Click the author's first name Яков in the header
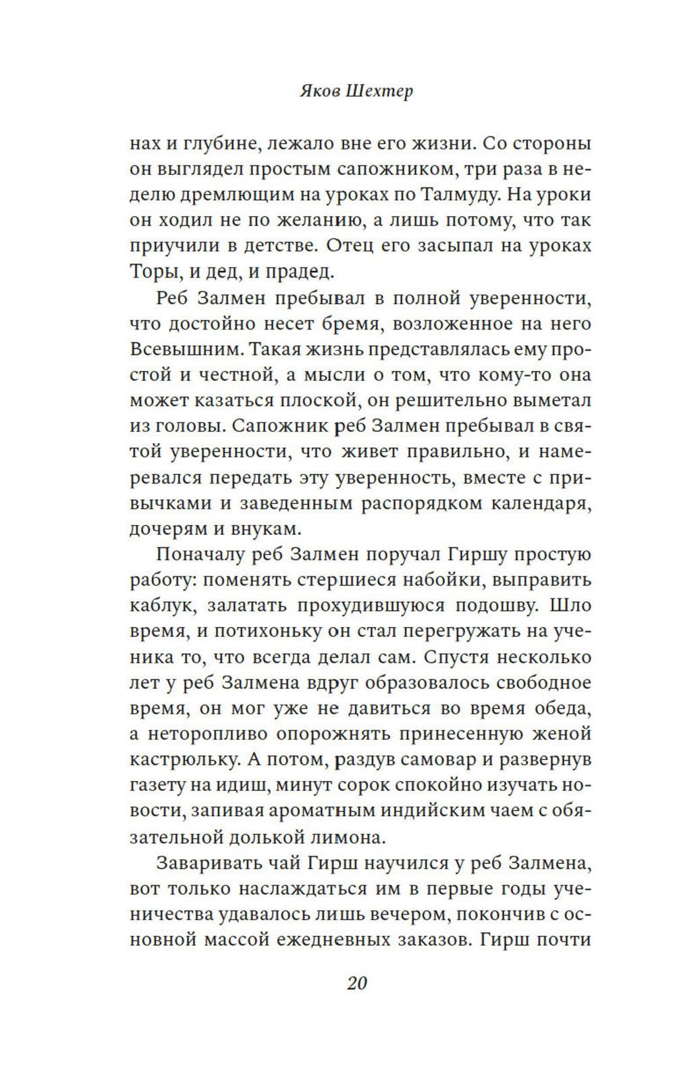coord(319,91)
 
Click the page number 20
coord(356,983)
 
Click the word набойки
coord(432,580)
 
